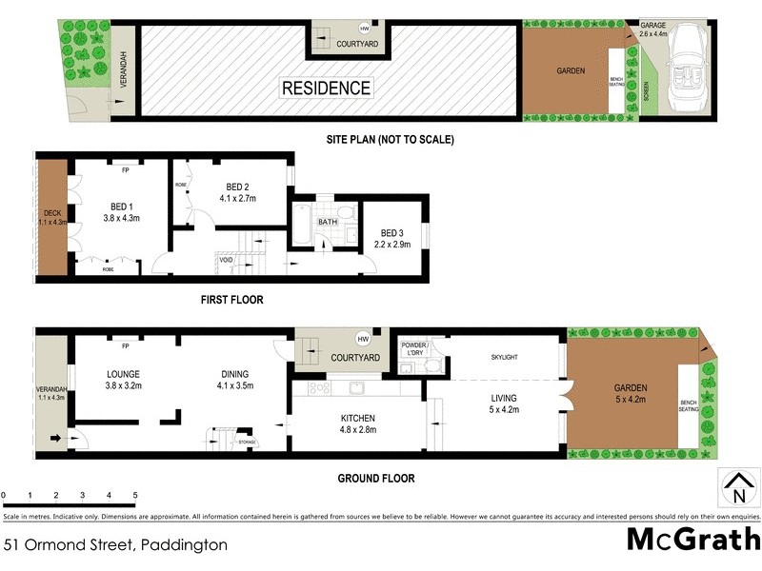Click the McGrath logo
(692, 540)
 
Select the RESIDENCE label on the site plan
(326, 89)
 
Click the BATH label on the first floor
(328, 223)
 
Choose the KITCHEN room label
(357, 418)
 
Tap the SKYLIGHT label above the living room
(504, 357)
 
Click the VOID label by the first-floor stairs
(226, 259)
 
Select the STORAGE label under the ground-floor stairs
(248, 442)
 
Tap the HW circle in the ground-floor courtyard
(362, 339)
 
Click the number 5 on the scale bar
(135, 495)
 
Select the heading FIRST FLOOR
(231, 300)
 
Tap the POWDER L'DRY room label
(413, 349)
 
